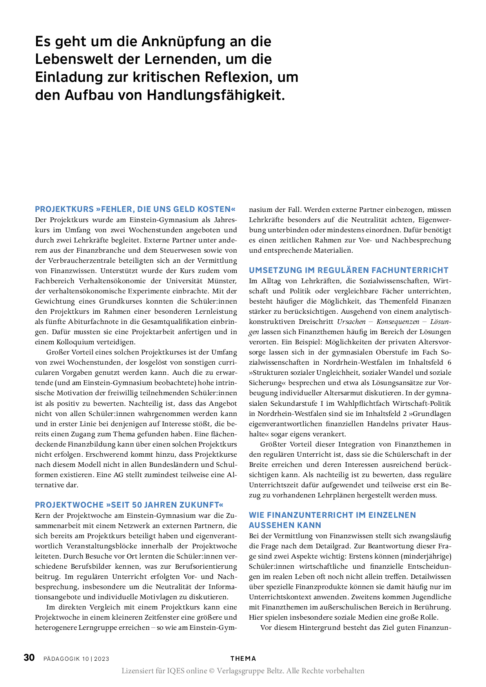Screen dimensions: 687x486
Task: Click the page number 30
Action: point(29,658)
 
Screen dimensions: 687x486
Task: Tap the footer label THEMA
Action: point(243,658)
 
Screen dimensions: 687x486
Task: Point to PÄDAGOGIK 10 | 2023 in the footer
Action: point(76,659)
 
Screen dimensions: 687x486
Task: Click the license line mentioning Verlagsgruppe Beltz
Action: point(243,671)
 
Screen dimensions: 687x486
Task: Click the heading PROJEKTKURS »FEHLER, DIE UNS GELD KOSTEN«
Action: point(136,209)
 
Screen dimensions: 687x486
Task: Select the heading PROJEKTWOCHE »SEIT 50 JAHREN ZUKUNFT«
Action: point(129,505)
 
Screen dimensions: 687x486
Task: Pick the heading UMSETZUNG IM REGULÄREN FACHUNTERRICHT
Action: point(349,270)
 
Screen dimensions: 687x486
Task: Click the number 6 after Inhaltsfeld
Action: point(449,362)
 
